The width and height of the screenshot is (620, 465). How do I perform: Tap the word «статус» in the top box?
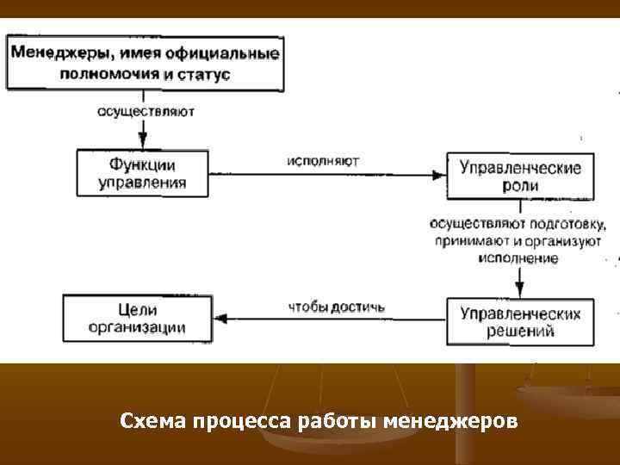(203, 74)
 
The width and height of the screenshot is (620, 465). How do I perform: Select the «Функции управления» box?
(142, 173)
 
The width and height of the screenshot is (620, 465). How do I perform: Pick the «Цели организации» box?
(137, 318)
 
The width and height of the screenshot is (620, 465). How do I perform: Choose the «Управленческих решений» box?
(519, 321)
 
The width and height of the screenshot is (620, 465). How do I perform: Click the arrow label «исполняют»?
(318, 160)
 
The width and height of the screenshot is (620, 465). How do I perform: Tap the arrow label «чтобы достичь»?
(337, 307)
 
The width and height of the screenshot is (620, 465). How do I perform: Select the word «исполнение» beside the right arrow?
(520, 257)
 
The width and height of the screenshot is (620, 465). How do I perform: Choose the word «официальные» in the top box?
(230, 53)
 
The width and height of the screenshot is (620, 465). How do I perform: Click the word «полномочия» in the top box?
(109, 74)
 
